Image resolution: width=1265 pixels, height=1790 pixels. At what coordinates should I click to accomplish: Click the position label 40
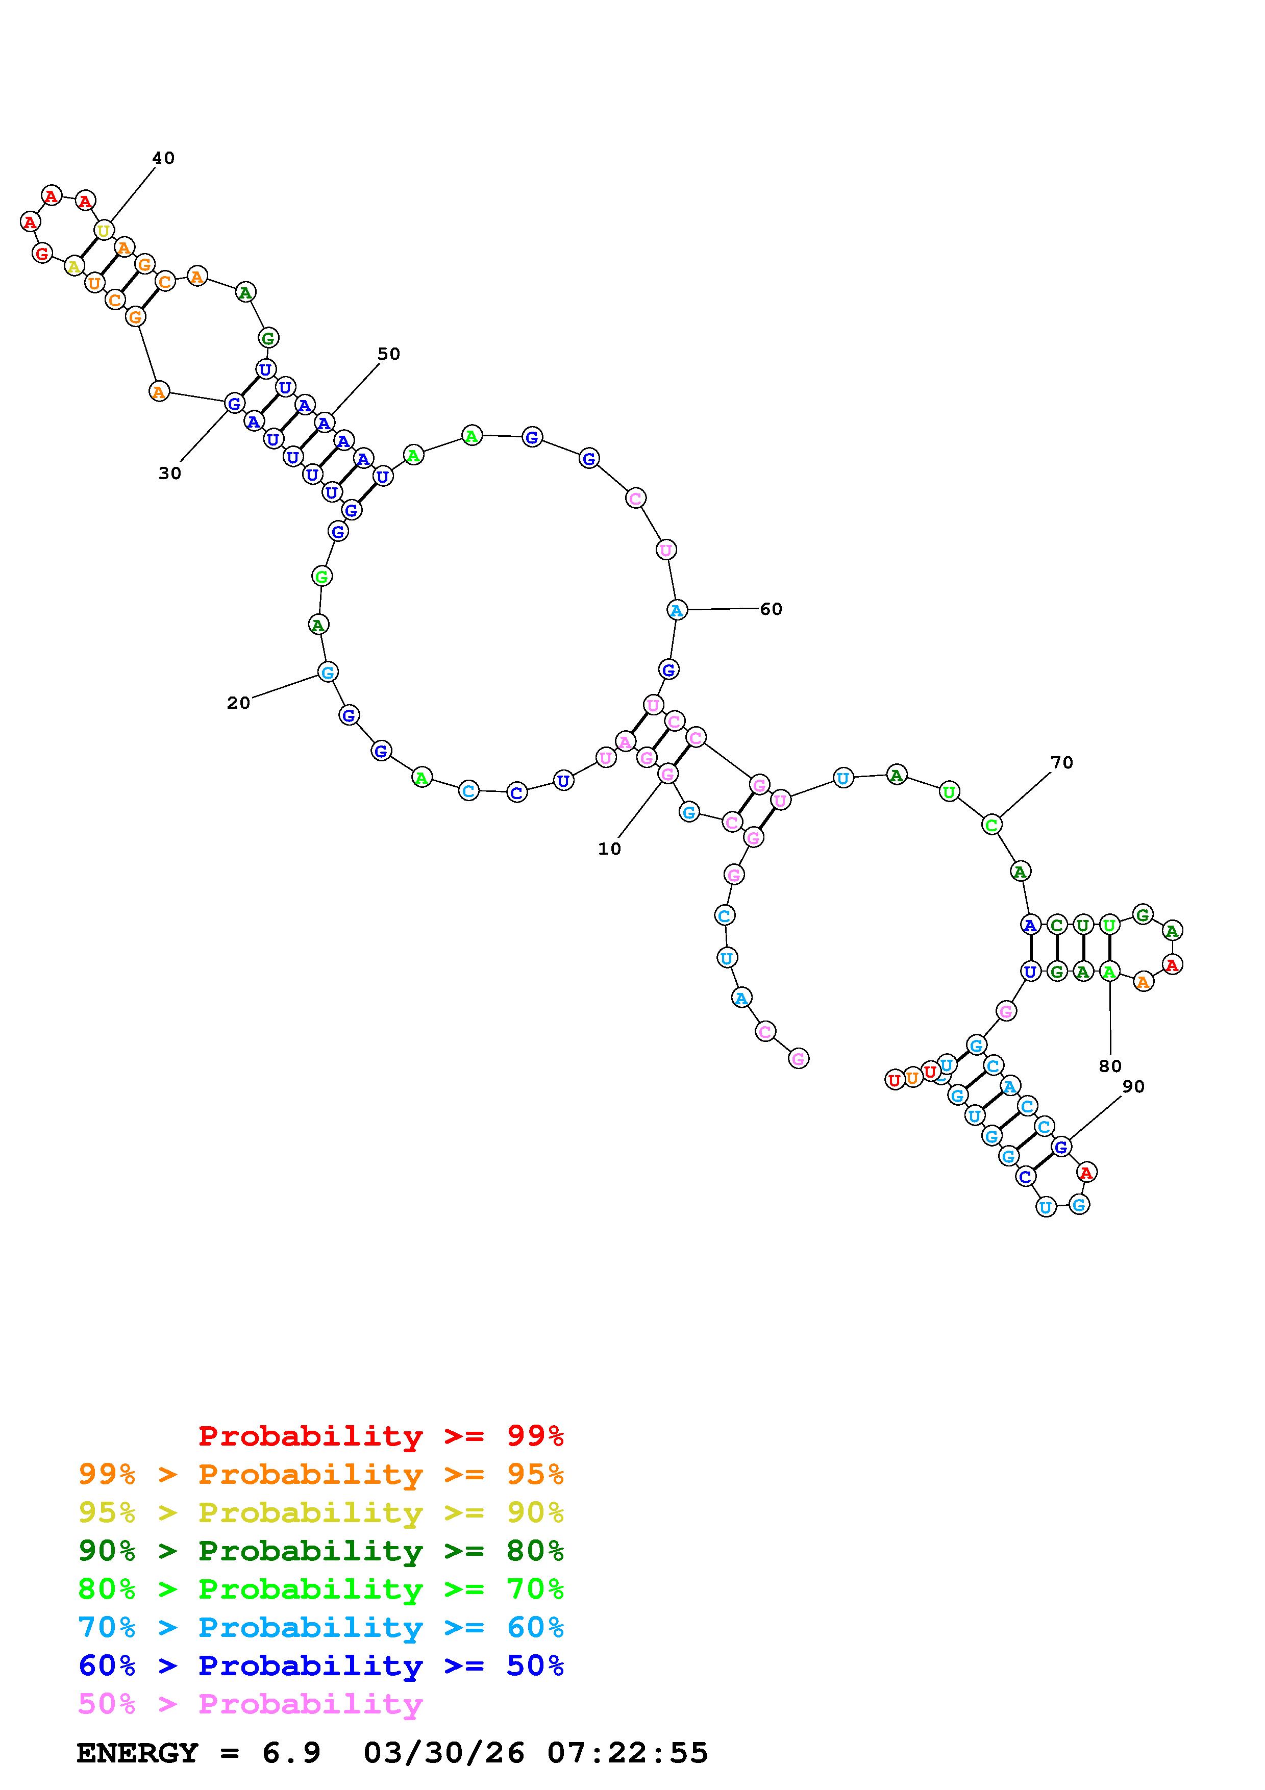pyautogui.click(x=163, y=158)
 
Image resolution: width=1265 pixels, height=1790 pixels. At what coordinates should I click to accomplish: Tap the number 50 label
pyautogui.click(x=389, y=354)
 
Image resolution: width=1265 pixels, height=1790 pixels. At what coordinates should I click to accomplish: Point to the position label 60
pyautogui.click(x=771, y=609)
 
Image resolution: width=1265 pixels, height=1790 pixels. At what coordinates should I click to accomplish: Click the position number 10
pyautogui.click(x=609, y=849)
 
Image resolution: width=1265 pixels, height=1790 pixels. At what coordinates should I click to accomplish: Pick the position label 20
pyautogui.click(x=238, y=703)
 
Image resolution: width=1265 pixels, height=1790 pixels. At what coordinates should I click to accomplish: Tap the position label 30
pyautogui.click(x=170, y=473)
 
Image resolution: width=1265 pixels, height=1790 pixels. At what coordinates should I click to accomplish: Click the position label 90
pyautogui.click(x=1133, y=1087)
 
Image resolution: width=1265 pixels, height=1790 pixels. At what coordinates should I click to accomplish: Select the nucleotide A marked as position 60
pyautogui.click(x=677, y=610)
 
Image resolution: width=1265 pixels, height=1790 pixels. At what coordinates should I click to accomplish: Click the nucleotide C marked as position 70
pyautogui.click(x=991, y=824)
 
